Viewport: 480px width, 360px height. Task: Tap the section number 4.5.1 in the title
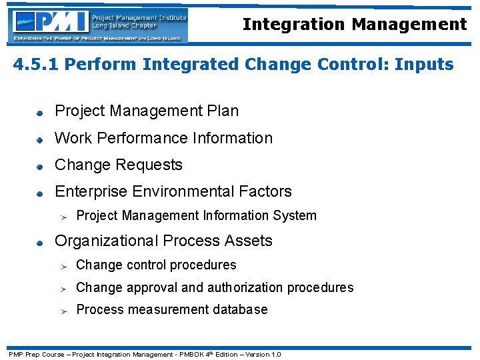point(36,65)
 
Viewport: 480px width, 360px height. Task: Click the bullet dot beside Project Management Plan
point(40,112)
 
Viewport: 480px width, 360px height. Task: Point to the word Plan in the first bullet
point(222,111)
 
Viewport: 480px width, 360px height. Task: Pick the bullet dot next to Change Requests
point(40,166)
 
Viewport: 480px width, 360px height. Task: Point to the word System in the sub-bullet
point(298,215)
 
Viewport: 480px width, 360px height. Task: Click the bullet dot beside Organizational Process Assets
point(40,242)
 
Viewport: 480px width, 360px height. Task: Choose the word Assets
point(249,241)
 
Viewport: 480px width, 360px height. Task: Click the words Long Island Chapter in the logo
point(125,25)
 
